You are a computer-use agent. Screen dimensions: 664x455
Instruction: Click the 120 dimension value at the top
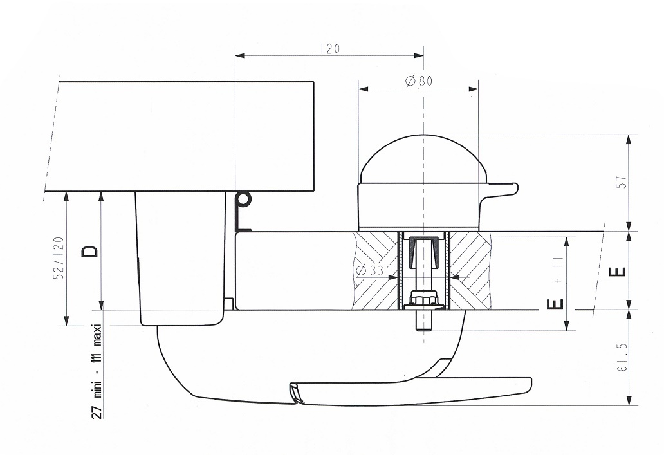[330, 49]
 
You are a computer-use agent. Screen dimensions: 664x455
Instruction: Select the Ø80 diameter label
[418, 80]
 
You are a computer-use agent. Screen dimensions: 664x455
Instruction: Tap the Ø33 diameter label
[370, 271]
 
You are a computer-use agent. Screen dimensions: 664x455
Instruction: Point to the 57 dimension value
[622, 182]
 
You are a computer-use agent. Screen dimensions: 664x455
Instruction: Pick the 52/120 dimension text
[59, 258]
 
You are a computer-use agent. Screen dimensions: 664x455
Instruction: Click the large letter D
[90, 252]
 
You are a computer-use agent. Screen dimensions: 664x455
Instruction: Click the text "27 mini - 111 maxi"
[97, 371]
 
